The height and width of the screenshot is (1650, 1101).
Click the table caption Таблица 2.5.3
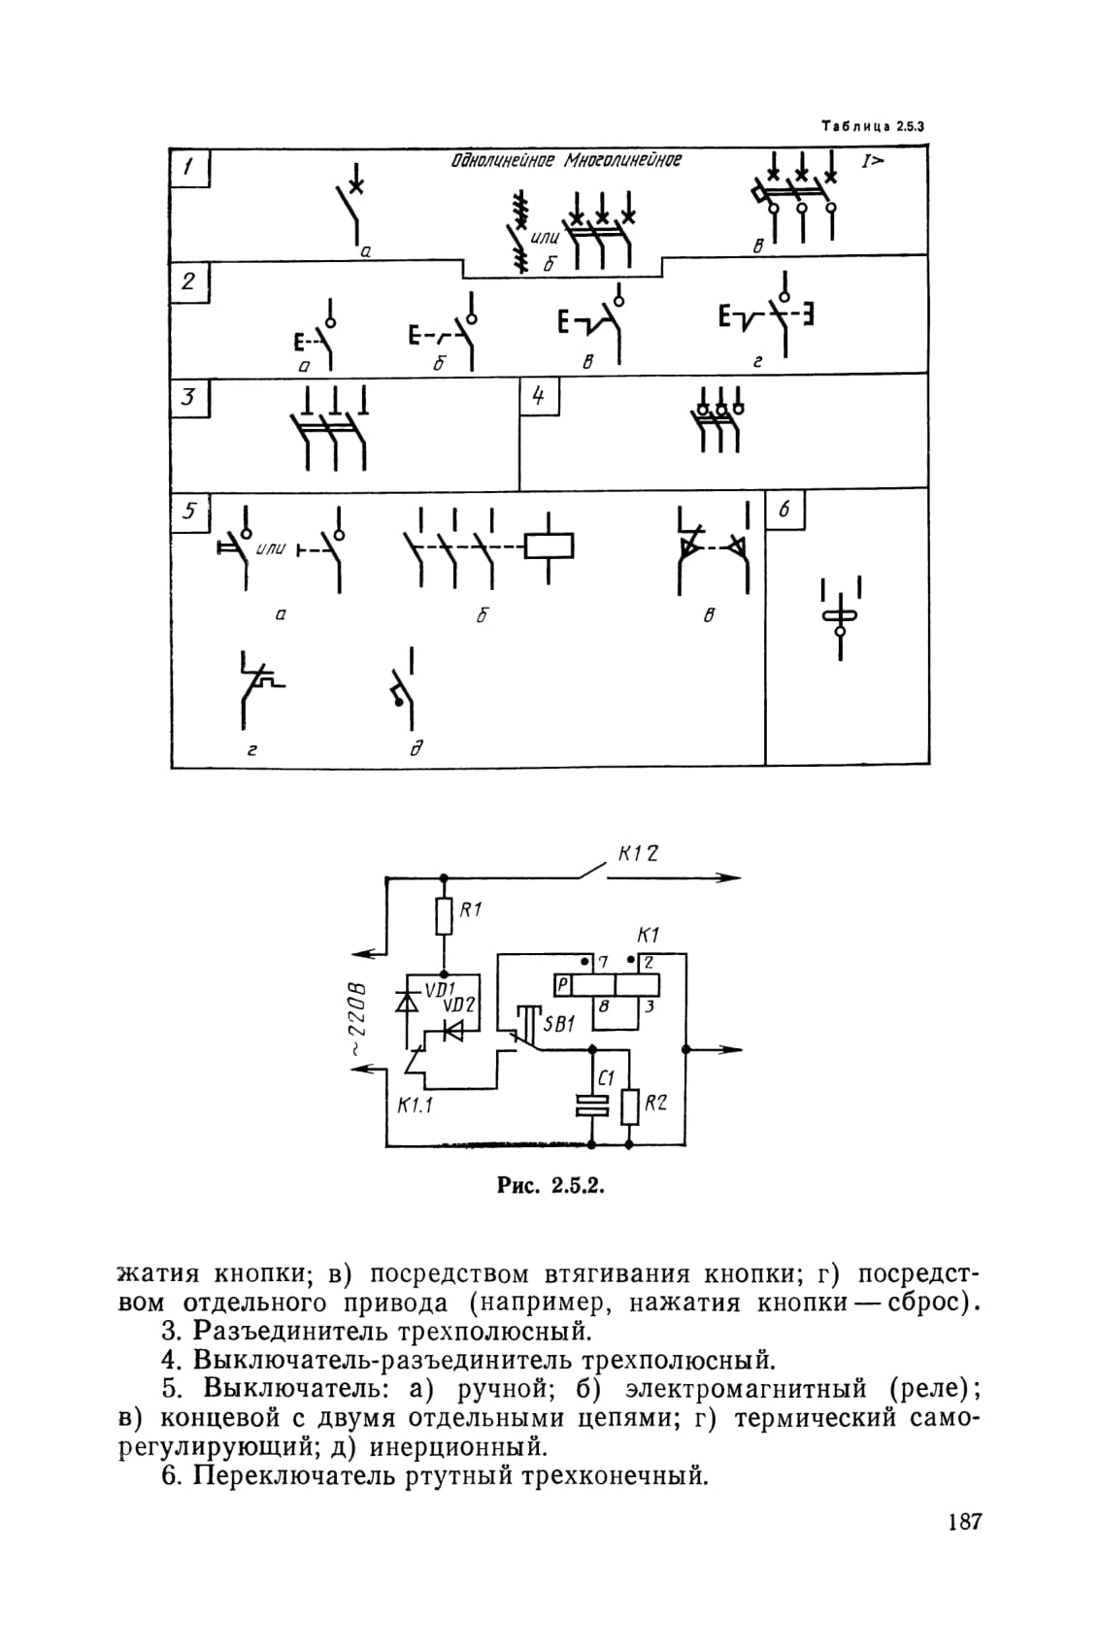873,127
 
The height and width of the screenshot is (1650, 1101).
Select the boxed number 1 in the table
189,168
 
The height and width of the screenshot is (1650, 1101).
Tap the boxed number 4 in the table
539,396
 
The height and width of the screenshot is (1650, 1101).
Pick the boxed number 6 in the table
784,510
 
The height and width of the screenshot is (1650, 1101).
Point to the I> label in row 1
873,160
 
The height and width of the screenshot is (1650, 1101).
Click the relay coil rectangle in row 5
549,546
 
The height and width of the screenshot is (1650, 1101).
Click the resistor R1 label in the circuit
470,909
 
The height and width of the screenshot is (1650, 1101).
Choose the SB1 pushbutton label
559,1024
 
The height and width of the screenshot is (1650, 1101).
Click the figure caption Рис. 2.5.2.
550,1186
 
